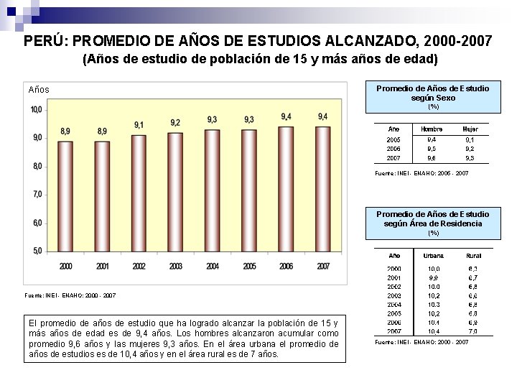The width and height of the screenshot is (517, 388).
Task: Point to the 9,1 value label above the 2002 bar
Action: point(139,125)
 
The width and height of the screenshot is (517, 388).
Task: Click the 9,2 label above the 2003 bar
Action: point(175,122)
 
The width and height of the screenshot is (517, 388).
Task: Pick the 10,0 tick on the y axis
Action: point(36,109)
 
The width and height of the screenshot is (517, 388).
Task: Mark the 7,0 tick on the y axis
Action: point(36,194)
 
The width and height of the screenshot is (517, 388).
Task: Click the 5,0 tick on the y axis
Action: point(36,250)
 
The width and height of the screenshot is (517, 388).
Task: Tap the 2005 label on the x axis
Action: point(249,267)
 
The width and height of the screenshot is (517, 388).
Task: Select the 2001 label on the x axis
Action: point(102,267)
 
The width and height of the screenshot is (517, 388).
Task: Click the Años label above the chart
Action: point(39,90)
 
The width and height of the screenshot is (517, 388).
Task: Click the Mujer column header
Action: point(470,129)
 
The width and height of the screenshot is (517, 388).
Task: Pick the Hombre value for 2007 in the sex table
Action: point(432,158)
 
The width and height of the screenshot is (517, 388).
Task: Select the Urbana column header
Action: point(434,255)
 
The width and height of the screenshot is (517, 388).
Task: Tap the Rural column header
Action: point(474,255)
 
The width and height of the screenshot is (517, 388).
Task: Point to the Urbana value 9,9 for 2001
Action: point(434,277)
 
